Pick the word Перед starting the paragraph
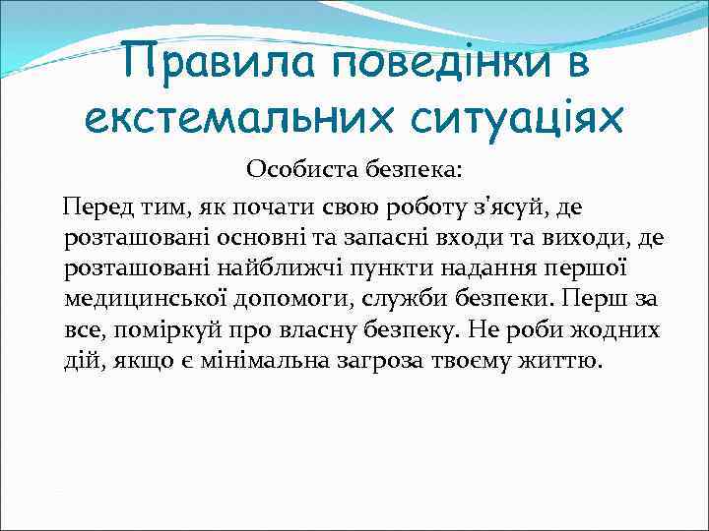tap(92, 207)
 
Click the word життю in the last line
tap(566, 360)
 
